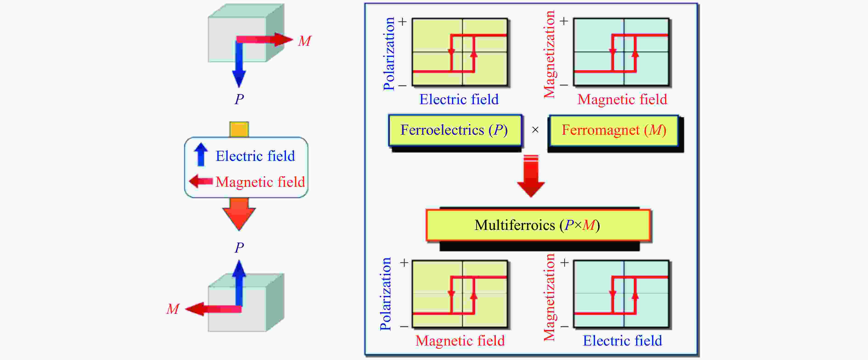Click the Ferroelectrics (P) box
(x=455, y=130)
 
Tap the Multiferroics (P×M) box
(x=538, y=225)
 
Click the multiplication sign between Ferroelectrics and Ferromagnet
(x=535, y=130)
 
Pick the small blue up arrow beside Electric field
(x=201, y=155)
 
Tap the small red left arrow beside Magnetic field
(x=201, y=181)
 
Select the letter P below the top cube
(x=239, y=99)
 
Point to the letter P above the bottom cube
(x=239, y=248)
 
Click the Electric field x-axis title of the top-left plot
(x=459, y=99)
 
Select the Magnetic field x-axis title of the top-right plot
(x=622, y=99)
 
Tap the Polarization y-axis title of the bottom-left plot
(x=386, y=294)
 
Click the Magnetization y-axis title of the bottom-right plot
(x=550, y=297)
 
